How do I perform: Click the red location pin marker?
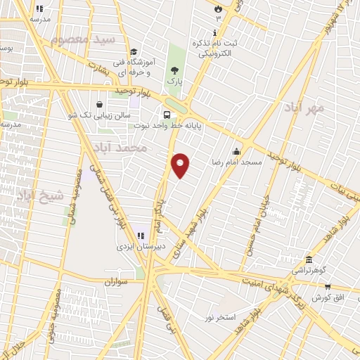[x=181, y=165]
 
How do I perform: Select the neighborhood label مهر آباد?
[x=304, y=108]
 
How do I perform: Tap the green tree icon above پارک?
[x=174, y=70]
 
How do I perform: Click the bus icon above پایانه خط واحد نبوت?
[x=167, y=115]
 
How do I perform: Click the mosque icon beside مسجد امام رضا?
[x=237, y=150]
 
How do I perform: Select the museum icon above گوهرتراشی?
[x=309, y=258]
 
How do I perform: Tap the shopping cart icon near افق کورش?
[x=328, y=287]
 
